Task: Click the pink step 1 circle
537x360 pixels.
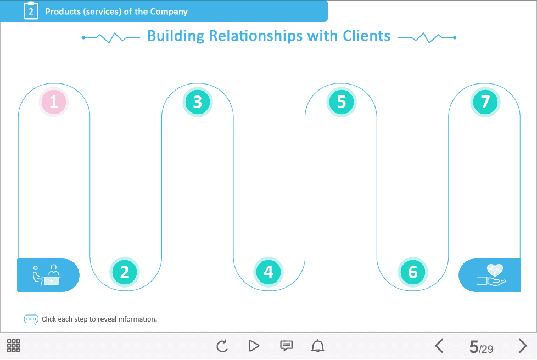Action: [x=54, y=102]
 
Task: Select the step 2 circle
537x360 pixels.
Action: [x=125, y=272]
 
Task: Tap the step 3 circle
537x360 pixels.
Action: [x=198, y=102]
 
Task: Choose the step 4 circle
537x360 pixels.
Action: [x=268, y=272]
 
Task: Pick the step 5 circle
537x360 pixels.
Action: [x=342, y=102]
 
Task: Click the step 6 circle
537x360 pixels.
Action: [x=413, y=272]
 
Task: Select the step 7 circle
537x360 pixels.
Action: [x=485, y=102]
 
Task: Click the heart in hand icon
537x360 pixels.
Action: [x=491, y=274]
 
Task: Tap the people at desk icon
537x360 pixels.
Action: [x=47, y=274]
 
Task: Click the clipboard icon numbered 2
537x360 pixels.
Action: [x=31, y=11]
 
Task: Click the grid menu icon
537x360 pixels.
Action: [x=14, y=346]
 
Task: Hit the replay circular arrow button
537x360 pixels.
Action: [x=222, y=346]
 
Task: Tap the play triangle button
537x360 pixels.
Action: [x=254, y=346]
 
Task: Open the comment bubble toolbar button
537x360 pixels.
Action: [x=286, y=346]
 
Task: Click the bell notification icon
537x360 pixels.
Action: [x=318, y=346]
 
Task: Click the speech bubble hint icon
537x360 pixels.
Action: [x=31, y=319]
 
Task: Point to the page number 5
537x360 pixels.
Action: [x=474, y=347]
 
